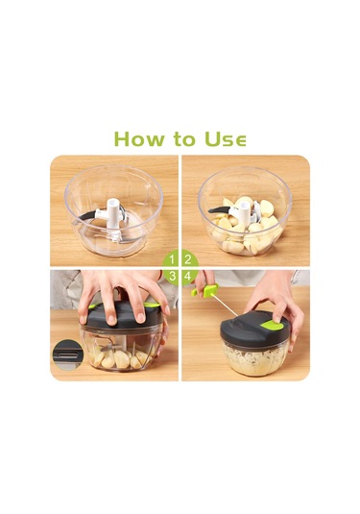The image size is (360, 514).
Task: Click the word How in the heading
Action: point(139,138)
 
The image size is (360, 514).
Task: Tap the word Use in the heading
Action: point(225,138)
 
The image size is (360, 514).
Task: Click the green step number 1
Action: point(172,259)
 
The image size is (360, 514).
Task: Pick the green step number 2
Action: point(188,259)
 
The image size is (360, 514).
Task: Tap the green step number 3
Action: point(172,277)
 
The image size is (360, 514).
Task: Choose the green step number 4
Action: point(188,277)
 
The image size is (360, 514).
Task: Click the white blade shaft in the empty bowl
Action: point(112,216)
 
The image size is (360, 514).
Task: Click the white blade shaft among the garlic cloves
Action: point(244,212)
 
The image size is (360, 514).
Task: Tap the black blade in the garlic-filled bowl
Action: point(218,209)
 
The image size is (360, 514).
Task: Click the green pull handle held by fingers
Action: point(206,290)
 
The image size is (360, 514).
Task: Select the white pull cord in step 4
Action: point(224,305)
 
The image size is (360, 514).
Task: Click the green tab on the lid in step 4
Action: point(273,325)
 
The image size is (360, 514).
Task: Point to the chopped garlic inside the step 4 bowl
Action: point(255,358)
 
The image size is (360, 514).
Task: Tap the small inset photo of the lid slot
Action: point(66,355)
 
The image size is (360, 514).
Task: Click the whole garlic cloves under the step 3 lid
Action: point(121,358)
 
